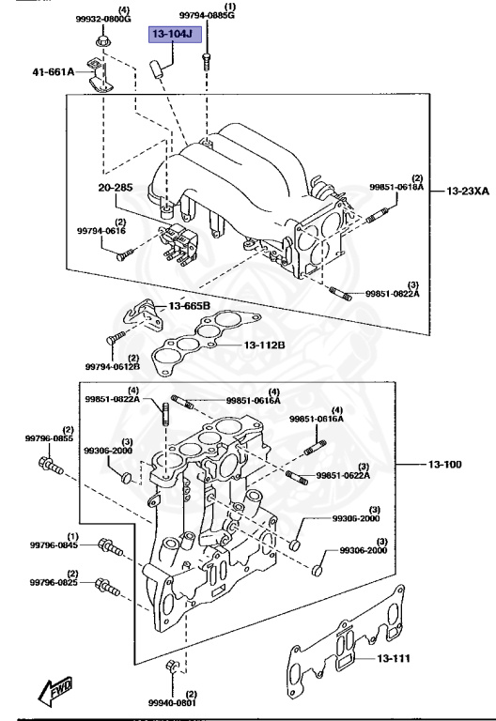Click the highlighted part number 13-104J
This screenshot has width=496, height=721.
point(173,35)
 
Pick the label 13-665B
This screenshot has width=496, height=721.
point(190,306)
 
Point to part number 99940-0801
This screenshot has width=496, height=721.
point(172,701)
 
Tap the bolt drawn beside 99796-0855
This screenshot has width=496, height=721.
point(51,464)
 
